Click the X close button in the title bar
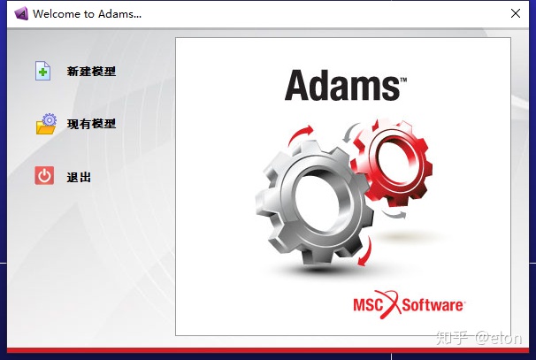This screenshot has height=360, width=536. click(516, 13)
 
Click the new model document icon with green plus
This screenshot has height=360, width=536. click(43, 71)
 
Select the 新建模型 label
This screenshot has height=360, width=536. click(91, 72)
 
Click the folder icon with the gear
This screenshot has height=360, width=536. click(46, 124)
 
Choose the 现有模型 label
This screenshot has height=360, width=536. click(91, 124)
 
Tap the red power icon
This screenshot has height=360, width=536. click(44, 176)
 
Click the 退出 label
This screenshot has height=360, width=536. click(79, 177)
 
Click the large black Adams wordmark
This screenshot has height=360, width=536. click(341, 87)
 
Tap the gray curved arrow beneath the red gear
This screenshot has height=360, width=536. click(397, 213)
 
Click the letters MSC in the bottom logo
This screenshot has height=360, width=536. click(371, 305)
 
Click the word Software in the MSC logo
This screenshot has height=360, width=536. click(433, 305)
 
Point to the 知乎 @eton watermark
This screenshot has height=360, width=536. click(482, 338)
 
